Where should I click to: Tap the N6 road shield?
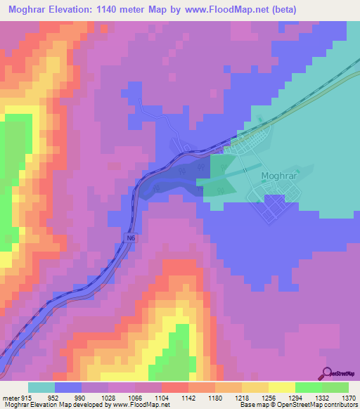coord(131,239)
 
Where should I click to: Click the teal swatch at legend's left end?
coord(41,387)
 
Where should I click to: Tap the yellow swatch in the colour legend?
coord(282,387)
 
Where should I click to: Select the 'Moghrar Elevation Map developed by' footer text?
coord(49,405)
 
